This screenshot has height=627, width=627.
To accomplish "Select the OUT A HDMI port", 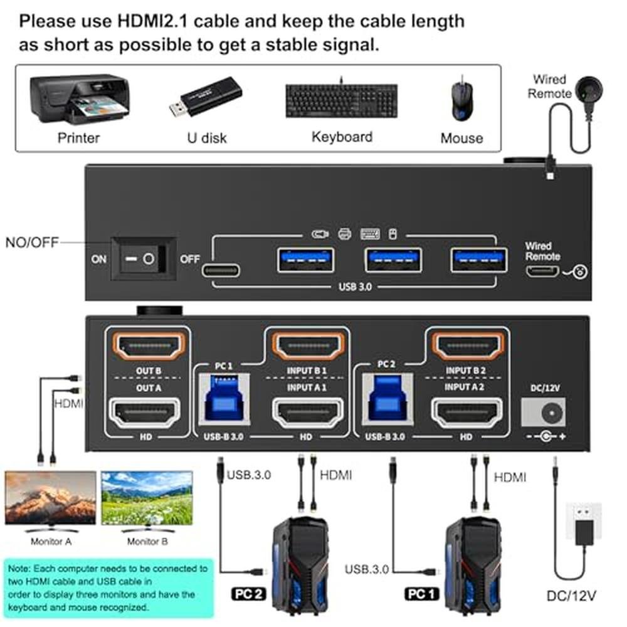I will tap(149, 414).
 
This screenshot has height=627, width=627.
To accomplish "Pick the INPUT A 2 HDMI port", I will tap(465, 414).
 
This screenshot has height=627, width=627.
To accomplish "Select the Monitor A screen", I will tap(51, 497).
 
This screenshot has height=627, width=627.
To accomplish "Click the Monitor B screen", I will tap(147, 497).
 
